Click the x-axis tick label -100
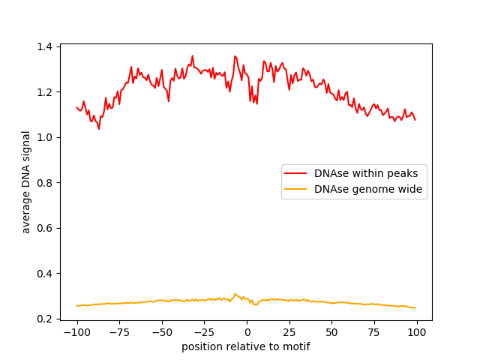click(76, 332)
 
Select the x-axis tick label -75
click(119, 332)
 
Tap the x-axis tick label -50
click(161, 332)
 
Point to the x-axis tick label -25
click(204, 332)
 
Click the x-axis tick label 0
click(247, 332)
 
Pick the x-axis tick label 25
click(289, 332)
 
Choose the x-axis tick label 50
click(331, 332)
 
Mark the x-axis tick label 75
click(374, 332)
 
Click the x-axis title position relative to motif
click(246, 346)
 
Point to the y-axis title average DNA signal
click(26, 182)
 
